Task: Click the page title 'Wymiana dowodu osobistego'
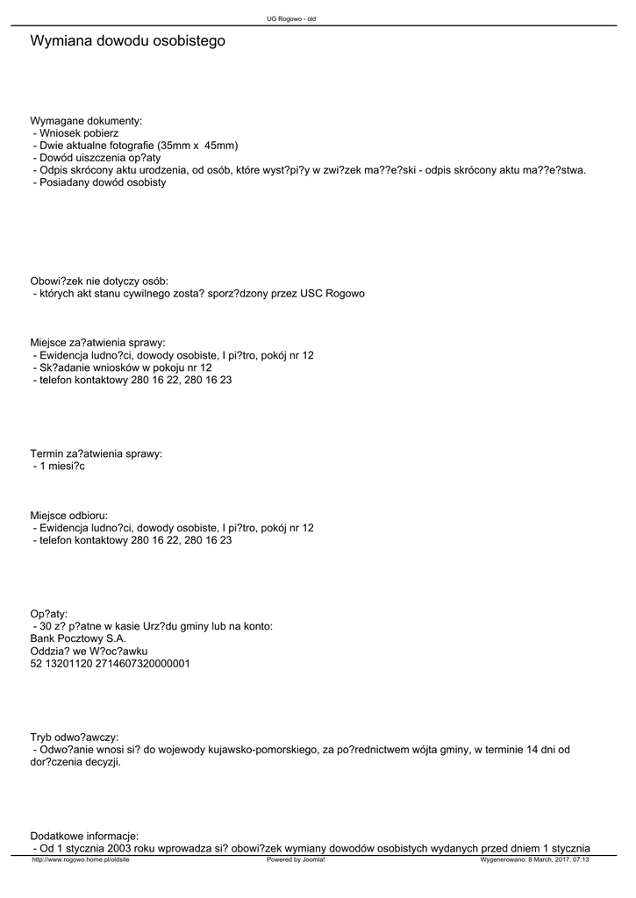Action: (x=127, y=41)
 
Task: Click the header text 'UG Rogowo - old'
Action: (x=291, y=18)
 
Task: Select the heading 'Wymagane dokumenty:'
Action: (x=86, y=120)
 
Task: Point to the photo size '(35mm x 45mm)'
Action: (x=197, y=146)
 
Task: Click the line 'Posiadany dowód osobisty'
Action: (x=102, y=182)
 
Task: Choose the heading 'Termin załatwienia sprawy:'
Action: (x=96, y=453)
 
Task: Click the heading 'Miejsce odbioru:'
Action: (x=69, y=516)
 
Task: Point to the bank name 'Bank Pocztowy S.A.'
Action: (x=78, y=638)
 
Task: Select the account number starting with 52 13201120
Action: (x=110, y=664)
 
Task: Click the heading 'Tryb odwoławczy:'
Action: (x=75, y=738)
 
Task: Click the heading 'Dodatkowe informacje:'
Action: (x=84, y=836)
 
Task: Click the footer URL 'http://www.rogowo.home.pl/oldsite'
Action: (x=81, y=860)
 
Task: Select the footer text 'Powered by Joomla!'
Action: (x=296, y=860)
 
